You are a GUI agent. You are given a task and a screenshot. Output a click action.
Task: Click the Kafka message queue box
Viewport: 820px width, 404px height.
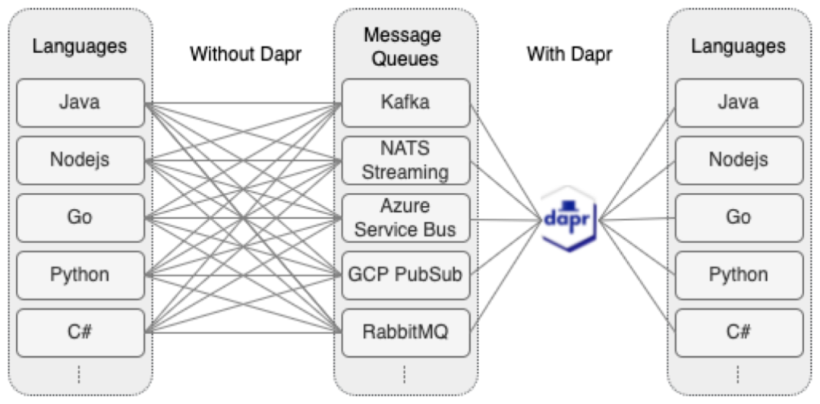(x=405, y=102)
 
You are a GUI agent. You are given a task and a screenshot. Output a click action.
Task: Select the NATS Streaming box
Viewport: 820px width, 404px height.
(x=405, y=159)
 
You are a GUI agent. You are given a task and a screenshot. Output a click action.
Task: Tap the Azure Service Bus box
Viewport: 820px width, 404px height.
(x=405, y=218)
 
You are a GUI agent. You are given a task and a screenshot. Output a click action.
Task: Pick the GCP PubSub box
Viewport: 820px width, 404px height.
(x=405, y=275)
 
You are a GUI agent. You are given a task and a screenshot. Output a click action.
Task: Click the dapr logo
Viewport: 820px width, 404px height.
(x=569, y=219)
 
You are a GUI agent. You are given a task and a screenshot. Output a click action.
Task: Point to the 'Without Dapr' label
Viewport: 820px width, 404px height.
(x=245, y=55)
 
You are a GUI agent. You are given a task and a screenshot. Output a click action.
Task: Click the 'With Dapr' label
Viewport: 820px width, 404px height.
(x=569, y=55)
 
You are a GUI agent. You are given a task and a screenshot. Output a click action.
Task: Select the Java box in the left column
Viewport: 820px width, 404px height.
(x=80, y=102)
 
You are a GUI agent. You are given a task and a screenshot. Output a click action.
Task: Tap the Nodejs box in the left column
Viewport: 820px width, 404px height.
(x=80, y=159)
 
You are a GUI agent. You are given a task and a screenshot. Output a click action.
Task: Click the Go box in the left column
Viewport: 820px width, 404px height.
(x=80, y=217)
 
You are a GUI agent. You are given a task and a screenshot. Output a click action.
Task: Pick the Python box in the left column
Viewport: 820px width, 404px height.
(x=80, y=275)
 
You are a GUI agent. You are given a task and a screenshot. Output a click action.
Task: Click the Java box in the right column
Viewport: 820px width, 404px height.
(x=738, y=102)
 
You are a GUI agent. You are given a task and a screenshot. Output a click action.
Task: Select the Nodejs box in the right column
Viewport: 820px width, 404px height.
(x=738, y=159)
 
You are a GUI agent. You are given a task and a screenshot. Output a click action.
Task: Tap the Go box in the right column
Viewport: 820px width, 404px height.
(x=738, y=217)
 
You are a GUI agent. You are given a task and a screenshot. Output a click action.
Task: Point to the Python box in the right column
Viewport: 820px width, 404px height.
(x=738, y=275)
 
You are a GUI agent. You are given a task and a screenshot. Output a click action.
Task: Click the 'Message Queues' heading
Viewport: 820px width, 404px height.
(x=405, y=46)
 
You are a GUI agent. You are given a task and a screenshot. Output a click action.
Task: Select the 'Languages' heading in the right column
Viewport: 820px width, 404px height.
(x=738, y=46)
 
